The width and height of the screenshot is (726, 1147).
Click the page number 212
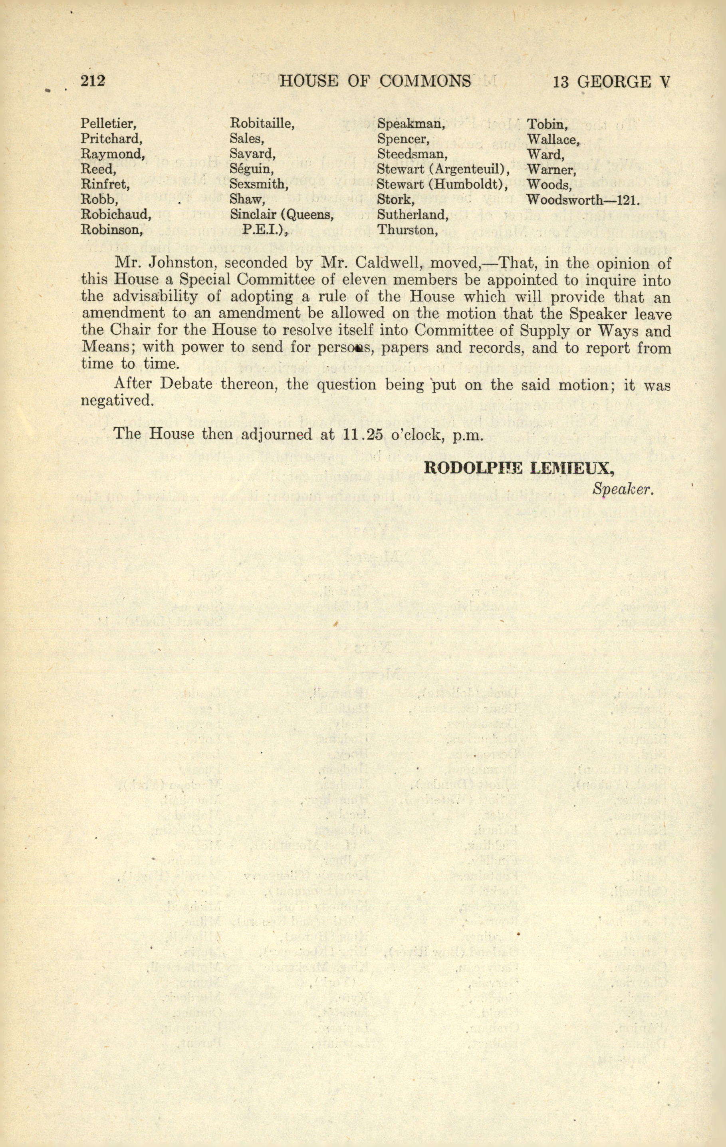(x=93, y=81)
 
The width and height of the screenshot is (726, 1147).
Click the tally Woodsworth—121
(x=583, y=200)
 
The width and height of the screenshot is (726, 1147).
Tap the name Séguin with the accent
(x=252, y=169)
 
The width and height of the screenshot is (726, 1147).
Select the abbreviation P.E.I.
(x=265, y=230)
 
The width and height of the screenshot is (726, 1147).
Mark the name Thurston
(x=407, y=230)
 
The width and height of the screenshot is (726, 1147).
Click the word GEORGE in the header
(x=613, y=82)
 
